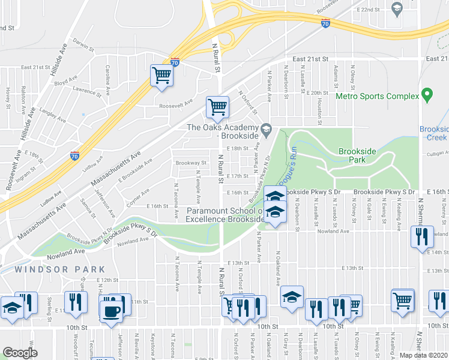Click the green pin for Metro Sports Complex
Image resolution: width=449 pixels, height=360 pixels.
(427, 95)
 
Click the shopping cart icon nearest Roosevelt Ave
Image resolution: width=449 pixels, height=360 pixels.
(217, 108)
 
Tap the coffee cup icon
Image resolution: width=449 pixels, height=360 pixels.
(111, 312)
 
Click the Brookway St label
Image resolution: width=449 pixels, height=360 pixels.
(191, 163)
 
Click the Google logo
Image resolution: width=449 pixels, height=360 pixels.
(20, 353)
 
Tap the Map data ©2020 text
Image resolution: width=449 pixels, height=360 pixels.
(423, 355)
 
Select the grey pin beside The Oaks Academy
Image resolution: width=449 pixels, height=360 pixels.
(266, 128)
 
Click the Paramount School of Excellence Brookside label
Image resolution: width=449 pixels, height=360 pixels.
(226, 215)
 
